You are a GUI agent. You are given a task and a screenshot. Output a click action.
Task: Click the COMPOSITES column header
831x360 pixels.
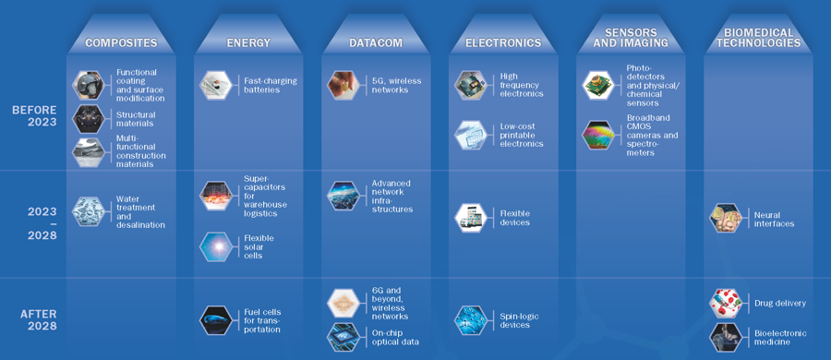point(121,42)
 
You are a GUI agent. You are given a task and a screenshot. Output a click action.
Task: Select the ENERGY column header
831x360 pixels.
point(247,42)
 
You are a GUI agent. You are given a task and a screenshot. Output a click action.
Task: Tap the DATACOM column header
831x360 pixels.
point(375,42)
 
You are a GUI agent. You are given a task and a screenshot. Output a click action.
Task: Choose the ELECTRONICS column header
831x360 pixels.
point(502,42)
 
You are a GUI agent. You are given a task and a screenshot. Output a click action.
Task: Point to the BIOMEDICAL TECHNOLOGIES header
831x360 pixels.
point(757,37)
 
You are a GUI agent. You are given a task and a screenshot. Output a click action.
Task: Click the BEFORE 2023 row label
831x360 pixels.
point(34,116)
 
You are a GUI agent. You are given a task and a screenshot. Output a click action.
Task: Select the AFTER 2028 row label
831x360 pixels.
point(39,319)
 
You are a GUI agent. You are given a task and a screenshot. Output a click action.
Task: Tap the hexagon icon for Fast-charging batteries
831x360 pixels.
point(215,84)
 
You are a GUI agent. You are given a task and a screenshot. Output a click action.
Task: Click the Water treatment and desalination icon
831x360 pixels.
point(90,211)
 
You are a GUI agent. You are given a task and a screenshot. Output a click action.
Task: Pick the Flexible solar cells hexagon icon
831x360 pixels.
point(216,247)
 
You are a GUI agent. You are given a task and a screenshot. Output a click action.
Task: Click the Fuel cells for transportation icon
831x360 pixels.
point(216,319)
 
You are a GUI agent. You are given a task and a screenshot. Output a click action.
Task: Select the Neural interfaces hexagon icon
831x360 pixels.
point(726,218)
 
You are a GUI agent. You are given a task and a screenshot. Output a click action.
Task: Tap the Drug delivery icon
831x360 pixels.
point(726,303)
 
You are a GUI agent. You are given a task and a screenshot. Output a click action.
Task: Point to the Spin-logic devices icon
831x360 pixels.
point(470,319)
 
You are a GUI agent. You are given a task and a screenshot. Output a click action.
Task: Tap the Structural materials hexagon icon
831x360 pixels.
point(90,118)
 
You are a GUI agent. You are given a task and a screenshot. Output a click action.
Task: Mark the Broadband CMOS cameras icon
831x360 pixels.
point(598,135)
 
